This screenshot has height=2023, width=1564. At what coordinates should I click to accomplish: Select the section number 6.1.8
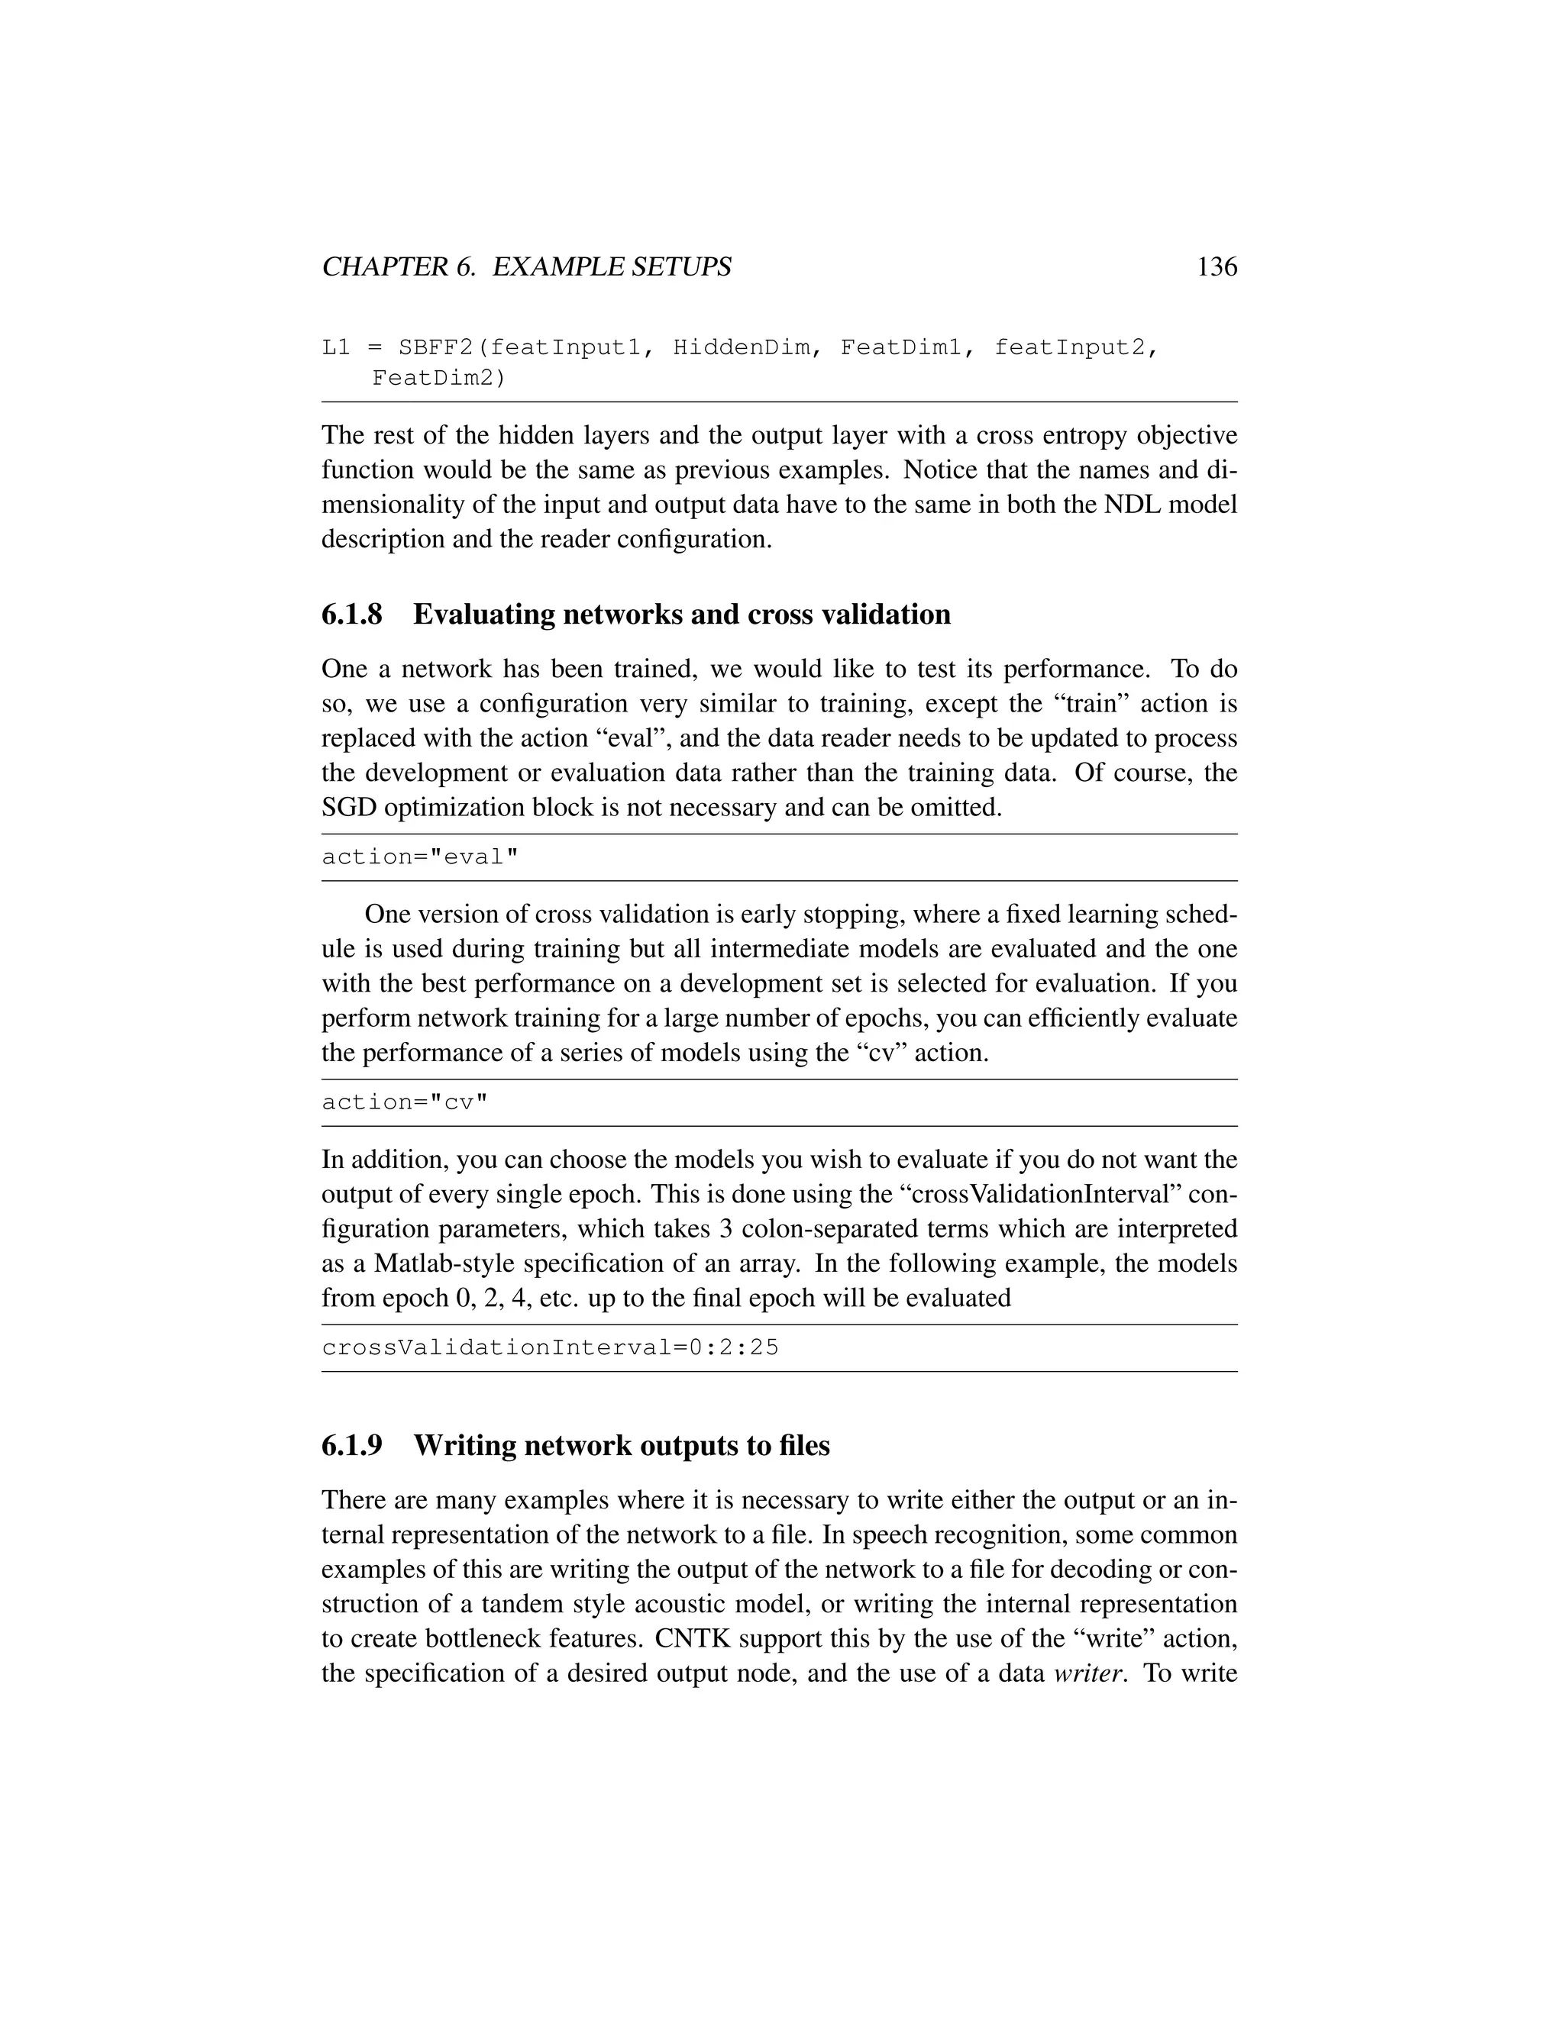pos(351,614)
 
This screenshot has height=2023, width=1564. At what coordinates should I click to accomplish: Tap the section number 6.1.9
pos(351,1445)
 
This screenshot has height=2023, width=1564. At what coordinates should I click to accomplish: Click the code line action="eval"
pos(420,857)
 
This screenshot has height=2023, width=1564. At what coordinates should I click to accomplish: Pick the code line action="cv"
pos(404,1102)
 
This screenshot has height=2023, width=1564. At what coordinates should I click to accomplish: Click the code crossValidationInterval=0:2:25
pos(551,1347)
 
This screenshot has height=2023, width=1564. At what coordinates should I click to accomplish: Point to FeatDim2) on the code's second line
pos(439,378)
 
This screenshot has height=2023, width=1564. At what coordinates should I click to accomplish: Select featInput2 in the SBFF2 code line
pos(1074,348)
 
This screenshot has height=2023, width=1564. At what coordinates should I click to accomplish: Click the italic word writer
pos(1089,1673)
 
